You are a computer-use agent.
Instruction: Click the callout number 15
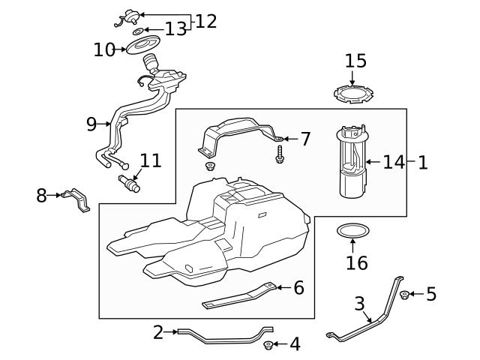pyautogui.click(x=355, y=61)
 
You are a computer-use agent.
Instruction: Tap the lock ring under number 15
pyautogui.click(x=352, y=95)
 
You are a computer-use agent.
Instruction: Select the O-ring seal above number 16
pyautogui.click(x=352, y=230)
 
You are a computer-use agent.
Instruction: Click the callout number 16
pyautogui.click(x=357, y=262)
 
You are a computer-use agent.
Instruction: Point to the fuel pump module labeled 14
pyautogui.click(x=351, y=161)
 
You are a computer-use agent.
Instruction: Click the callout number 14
pyautogui.click(x=394, y=162)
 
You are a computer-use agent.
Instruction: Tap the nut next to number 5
pyautogui.click(x=404, y=295)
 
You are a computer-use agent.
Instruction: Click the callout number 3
pyautogui.click(x=359, y=304)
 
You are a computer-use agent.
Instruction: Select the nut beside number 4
pyautogui.click(x=268, y=345)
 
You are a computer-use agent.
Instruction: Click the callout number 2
pyautogui.click(x=157, y=332)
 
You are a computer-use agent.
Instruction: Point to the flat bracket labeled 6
pyautogui.click(x=240, y=297)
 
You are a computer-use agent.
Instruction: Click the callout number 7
pyautogui.click(x=304, y=139)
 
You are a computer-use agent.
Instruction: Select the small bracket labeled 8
pyautogui.click(x=76, y=200)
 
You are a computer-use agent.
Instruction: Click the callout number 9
pyautogui.click(x=91, y=124)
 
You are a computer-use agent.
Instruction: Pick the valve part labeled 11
pyautogui.click(x=129, y=182)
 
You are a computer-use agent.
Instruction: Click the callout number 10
pyautogui.click(x=104, y=50)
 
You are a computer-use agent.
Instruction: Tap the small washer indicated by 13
pyautogui.click(x=137, y=32)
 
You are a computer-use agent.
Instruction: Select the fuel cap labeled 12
pyautogui.click(x=128, y=14)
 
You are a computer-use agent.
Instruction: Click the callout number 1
pyautogui.click(x=422, y=162)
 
